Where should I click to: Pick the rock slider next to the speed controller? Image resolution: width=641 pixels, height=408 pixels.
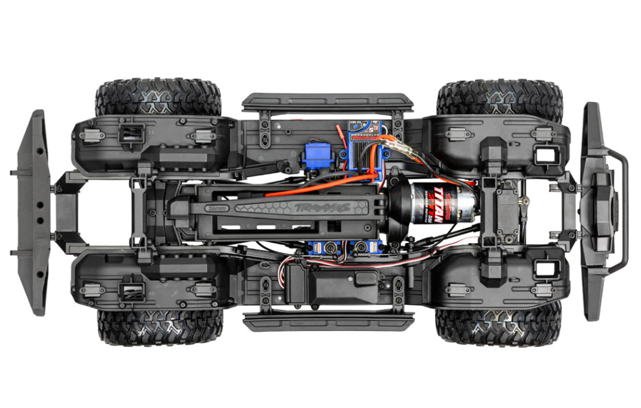(x=328, y=101)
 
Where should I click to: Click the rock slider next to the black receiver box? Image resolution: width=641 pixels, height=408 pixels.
(x=328, y=321)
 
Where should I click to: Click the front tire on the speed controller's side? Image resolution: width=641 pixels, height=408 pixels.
(x=499, y=96)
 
